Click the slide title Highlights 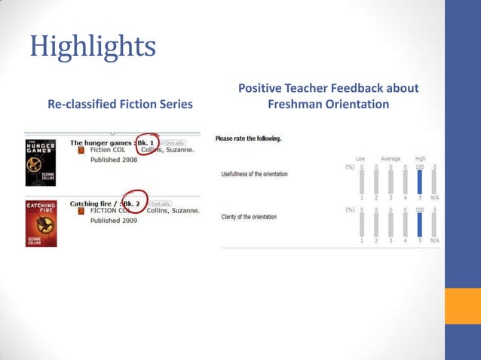[x=93, y=46]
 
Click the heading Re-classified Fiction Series [x=120, y=104]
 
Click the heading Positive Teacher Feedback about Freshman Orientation [x=328, y=96]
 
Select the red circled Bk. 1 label [x=149, y=143]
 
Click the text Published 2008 [x=114, y=160]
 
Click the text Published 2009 [x=114, y=221]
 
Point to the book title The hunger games [x=102, y=142]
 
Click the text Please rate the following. [x=248, y=139]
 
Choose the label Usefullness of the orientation [x=254, y=174]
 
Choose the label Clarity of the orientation [x=249, y=217]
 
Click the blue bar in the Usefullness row [x=420, y=182]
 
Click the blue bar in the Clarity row [x=420, y=224]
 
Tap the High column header [x=420, y=159]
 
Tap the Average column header [x=391, y=159]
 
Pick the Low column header [x=361, y=159]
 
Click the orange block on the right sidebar [x=463, y=306]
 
